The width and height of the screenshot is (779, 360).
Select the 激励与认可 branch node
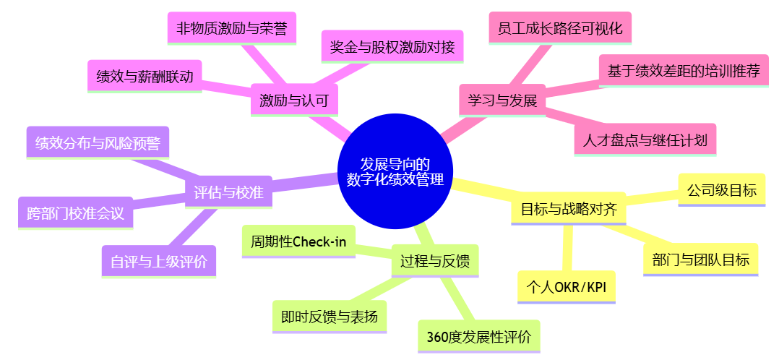point(293,100)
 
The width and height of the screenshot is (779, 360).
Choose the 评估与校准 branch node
point(228,192)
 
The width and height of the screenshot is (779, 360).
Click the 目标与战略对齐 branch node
point(569,210)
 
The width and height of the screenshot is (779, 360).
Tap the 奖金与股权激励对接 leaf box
point(392,48)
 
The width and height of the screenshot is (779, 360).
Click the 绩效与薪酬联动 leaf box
point(145,76)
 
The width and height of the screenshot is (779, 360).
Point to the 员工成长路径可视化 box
point(560,29)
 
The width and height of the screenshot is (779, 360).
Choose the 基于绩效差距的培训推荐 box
point(683,71)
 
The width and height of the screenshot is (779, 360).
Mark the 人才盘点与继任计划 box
point(645,140)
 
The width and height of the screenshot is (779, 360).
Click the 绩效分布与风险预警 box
point(98,142)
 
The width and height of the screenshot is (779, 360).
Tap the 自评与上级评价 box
point(159,260)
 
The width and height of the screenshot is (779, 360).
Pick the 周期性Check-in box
point(298,241)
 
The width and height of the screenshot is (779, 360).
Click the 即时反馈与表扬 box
point(330,317)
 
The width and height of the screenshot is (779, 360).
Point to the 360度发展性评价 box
point(478,336)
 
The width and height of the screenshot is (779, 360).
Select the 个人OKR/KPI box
point(567,286)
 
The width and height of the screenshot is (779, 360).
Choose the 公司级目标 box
point(721,190)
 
